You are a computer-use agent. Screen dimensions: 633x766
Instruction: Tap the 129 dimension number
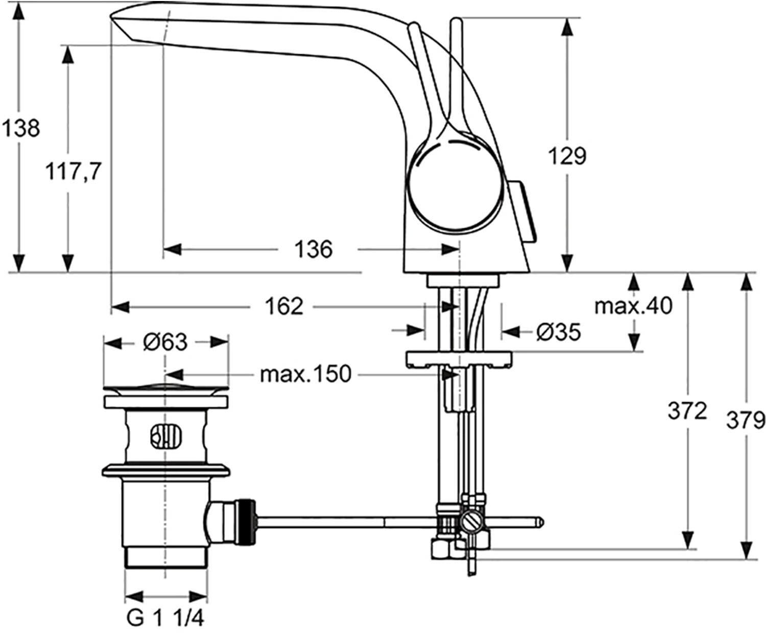(567, 156)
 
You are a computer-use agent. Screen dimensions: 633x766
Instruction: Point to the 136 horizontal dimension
(313, 250)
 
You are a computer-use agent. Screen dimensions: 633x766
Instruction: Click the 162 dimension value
(284, 306)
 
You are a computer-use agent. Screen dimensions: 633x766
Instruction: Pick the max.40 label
(633, 306)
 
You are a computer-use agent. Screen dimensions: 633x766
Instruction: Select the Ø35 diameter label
(559, 332)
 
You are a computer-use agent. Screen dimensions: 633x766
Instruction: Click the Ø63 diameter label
(165, 342)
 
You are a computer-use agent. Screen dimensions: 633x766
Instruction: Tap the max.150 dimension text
(305, 375)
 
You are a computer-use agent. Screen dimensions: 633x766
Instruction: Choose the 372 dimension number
(687, 410)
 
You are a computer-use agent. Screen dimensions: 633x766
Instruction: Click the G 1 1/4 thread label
(165, 619)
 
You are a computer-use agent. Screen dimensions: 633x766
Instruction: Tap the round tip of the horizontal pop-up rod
(540, 522)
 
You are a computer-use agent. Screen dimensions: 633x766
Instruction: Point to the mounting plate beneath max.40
(458, 358)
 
